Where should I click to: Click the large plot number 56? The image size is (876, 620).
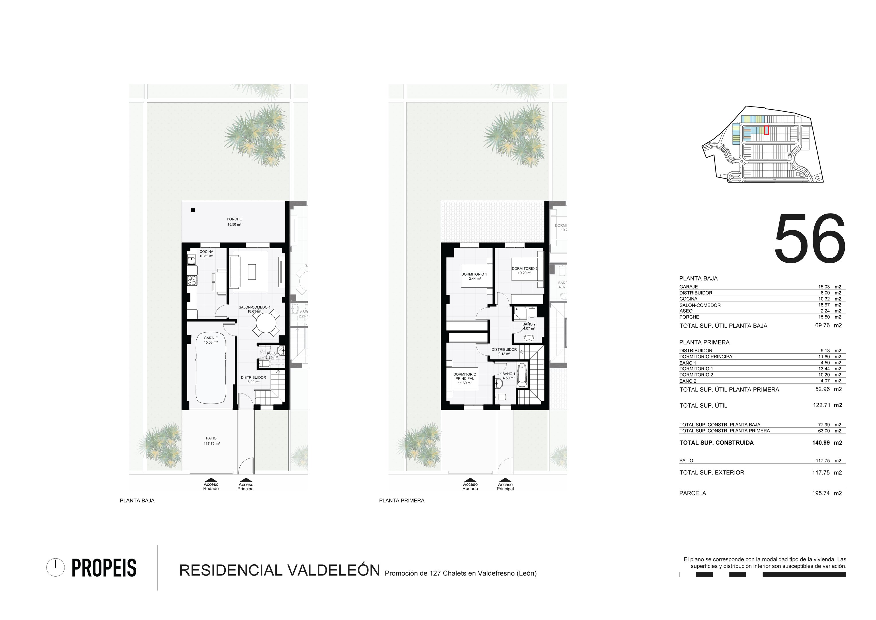809,238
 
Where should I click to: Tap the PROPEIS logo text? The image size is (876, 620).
104,568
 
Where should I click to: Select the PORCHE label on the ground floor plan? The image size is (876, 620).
234,219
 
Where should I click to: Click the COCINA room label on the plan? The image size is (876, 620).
206,252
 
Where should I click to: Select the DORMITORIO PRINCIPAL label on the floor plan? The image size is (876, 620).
465,376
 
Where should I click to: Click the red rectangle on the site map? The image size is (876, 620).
766,130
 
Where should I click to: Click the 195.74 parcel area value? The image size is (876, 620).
821,493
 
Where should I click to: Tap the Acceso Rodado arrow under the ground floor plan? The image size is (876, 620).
211,480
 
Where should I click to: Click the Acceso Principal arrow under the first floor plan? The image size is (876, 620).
505,480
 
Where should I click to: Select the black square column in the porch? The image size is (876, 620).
193,210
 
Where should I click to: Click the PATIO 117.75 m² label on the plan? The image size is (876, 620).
211,441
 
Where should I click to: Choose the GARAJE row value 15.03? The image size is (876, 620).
824,287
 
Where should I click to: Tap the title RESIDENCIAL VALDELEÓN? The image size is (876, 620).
280,570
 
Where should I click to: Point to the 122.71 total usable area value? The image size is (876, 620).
822,405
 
